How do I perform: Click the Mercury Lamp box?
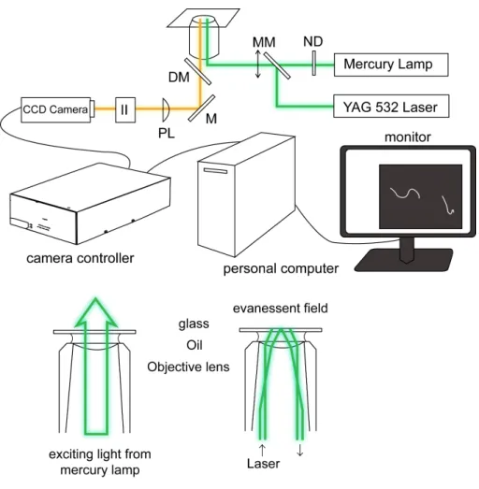[391, 65]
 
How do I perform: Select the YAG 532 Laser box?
[391, 107]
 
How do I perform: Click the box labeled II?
[125, 109]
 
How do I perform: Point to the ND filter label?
[313, 41]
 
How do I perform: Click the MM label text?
[264, 42]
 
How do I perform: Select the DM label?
[179, 77]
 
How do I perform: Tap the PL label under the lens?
[167, 133]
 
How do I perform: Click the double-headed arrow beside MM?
[258, 64]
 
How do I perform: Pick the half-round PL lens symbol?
[166, 109]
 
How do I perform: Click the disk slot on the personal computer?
[215, 170]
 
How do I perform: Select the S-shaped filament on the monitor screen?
[405, 194]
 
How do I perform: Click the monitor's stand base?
[403, 260]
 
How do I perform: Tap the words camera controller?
[80, 258]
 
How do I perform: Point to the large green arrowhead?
[95, 312]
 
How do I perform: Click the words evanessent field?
[281, 309]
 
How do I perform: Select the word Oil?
[195, 345]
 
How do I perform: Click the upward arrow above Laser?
[263, 451]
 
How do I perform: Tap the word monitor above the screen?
[408, 137]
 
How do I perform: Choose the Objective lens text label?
[188, 367]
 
